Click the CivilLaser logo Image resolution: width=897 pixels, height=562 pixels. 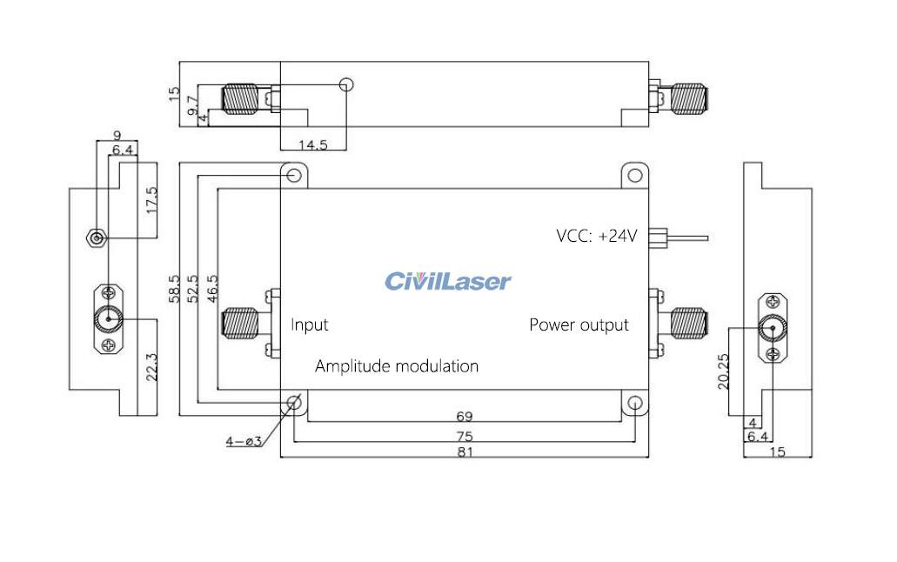click(448, 281)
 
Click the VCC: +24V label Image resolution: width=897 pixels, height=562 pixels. click(597, 235)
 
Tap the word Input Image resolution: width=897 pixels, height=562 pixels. click(310, 324)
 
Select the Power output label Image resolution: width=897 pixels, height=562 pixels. click(579, 324)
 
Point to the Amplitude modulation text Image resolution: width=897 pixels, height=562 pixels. click(397, 366)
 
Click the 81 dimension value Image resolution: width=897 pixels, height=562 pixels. click(465, 452)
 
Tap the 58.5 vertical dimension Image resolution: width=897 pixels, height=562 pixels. click(174, 289)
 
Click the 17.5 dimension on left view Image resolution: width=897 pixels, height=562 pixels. click(152, 201)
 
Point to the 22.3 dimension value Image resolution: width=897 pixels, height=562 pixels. click(152, 366)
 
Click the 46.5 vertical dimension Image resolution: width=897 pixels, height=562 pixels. click(211, 289)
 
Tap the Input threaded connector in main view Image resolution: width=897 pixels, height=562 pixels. click(241, 324)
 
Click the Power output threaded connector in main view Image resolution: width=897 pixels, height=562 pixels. click(687, 324)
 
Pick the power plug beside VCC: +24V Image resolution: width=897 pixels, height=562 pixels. click(663, 236)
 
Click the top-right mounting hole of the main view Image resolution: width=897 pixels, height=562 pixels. click(634, 176)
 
